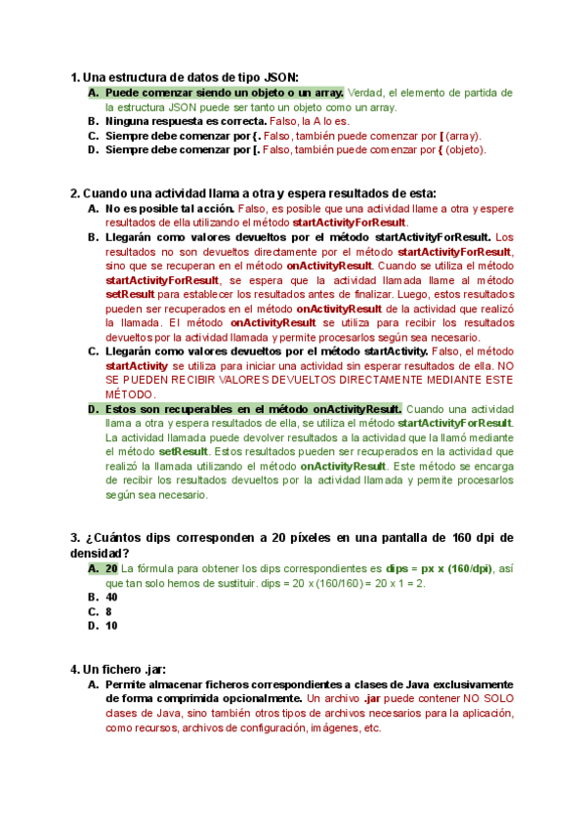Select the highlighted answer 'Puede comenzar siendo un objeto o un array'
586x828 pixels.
224,92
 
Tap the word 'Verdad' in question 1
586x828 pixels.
365,92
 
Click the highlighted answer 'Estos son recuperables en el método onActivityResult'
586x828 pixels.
253,408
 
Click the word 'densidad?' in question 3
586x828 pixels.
99,553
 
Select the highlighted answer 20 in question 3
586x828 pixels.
111,567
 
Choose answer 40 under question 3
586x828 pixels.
111,597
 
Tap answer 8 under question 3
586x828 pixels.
108,611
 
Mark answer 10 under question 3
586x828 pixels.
111,626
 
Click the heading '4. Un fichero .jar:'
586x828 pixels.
118,669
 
